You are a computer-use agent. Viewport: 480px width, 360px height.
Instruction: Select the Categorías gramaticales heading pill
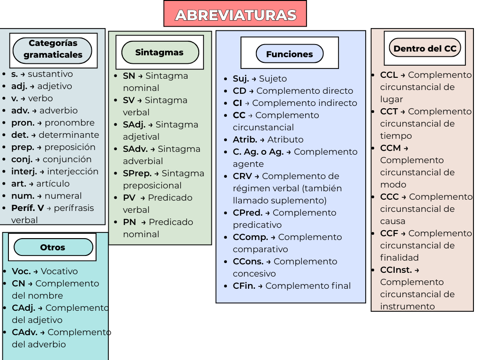tap(52, 49)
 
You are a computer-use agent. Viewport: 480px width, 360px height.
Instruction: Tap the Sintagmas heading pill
tap(159, 52)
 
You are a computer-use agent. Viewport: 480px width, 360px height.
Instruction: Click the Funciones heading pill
tap(289, 54)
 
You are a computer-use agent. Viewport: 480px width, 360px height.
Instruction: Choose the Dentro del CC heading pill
tap(425, 48)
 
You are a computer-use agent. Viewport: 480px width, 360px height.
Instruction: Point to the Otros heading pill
tap(52, 247)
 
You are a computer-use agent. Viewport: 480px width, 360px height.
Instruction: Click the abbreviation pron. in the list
tap(23, 123)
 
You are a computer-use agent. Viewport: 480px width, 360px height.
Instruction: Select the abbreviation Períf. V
tap(28, 208)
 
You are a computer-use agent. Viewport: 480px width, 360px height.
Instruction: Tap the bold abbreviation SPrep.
tap(137, 173)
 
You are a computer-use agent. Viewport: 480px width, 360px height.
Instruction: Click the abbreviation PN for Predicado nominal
tap(129, 222)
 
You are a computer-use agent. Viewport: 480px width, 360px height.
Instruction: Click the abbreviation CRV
tap(242, 176)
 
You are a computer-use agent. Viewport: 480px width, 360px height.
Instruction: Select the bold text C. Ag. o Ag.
tap(258, 152)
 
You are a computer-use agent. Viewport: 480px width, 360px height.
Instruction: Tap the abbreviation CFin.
tap(244, 286)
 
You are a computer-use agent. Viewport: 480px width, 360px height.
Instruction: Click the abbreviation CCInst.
tap(396, 270)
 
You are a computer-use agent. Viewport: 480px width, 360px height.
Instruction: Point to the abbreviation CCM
tap(390, 148)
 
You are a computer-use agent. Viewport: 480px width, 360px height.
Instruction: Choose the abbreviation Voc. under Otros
tap(21, 271)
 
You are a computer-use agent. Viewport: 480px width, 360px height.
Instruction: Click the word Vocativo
tap(59, 271)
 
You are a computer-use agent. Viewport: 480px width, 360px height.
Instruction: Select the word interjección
tap(73, 172)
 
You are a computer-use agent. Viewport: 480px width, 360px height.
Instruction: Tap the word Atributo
tap(285, 140)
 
